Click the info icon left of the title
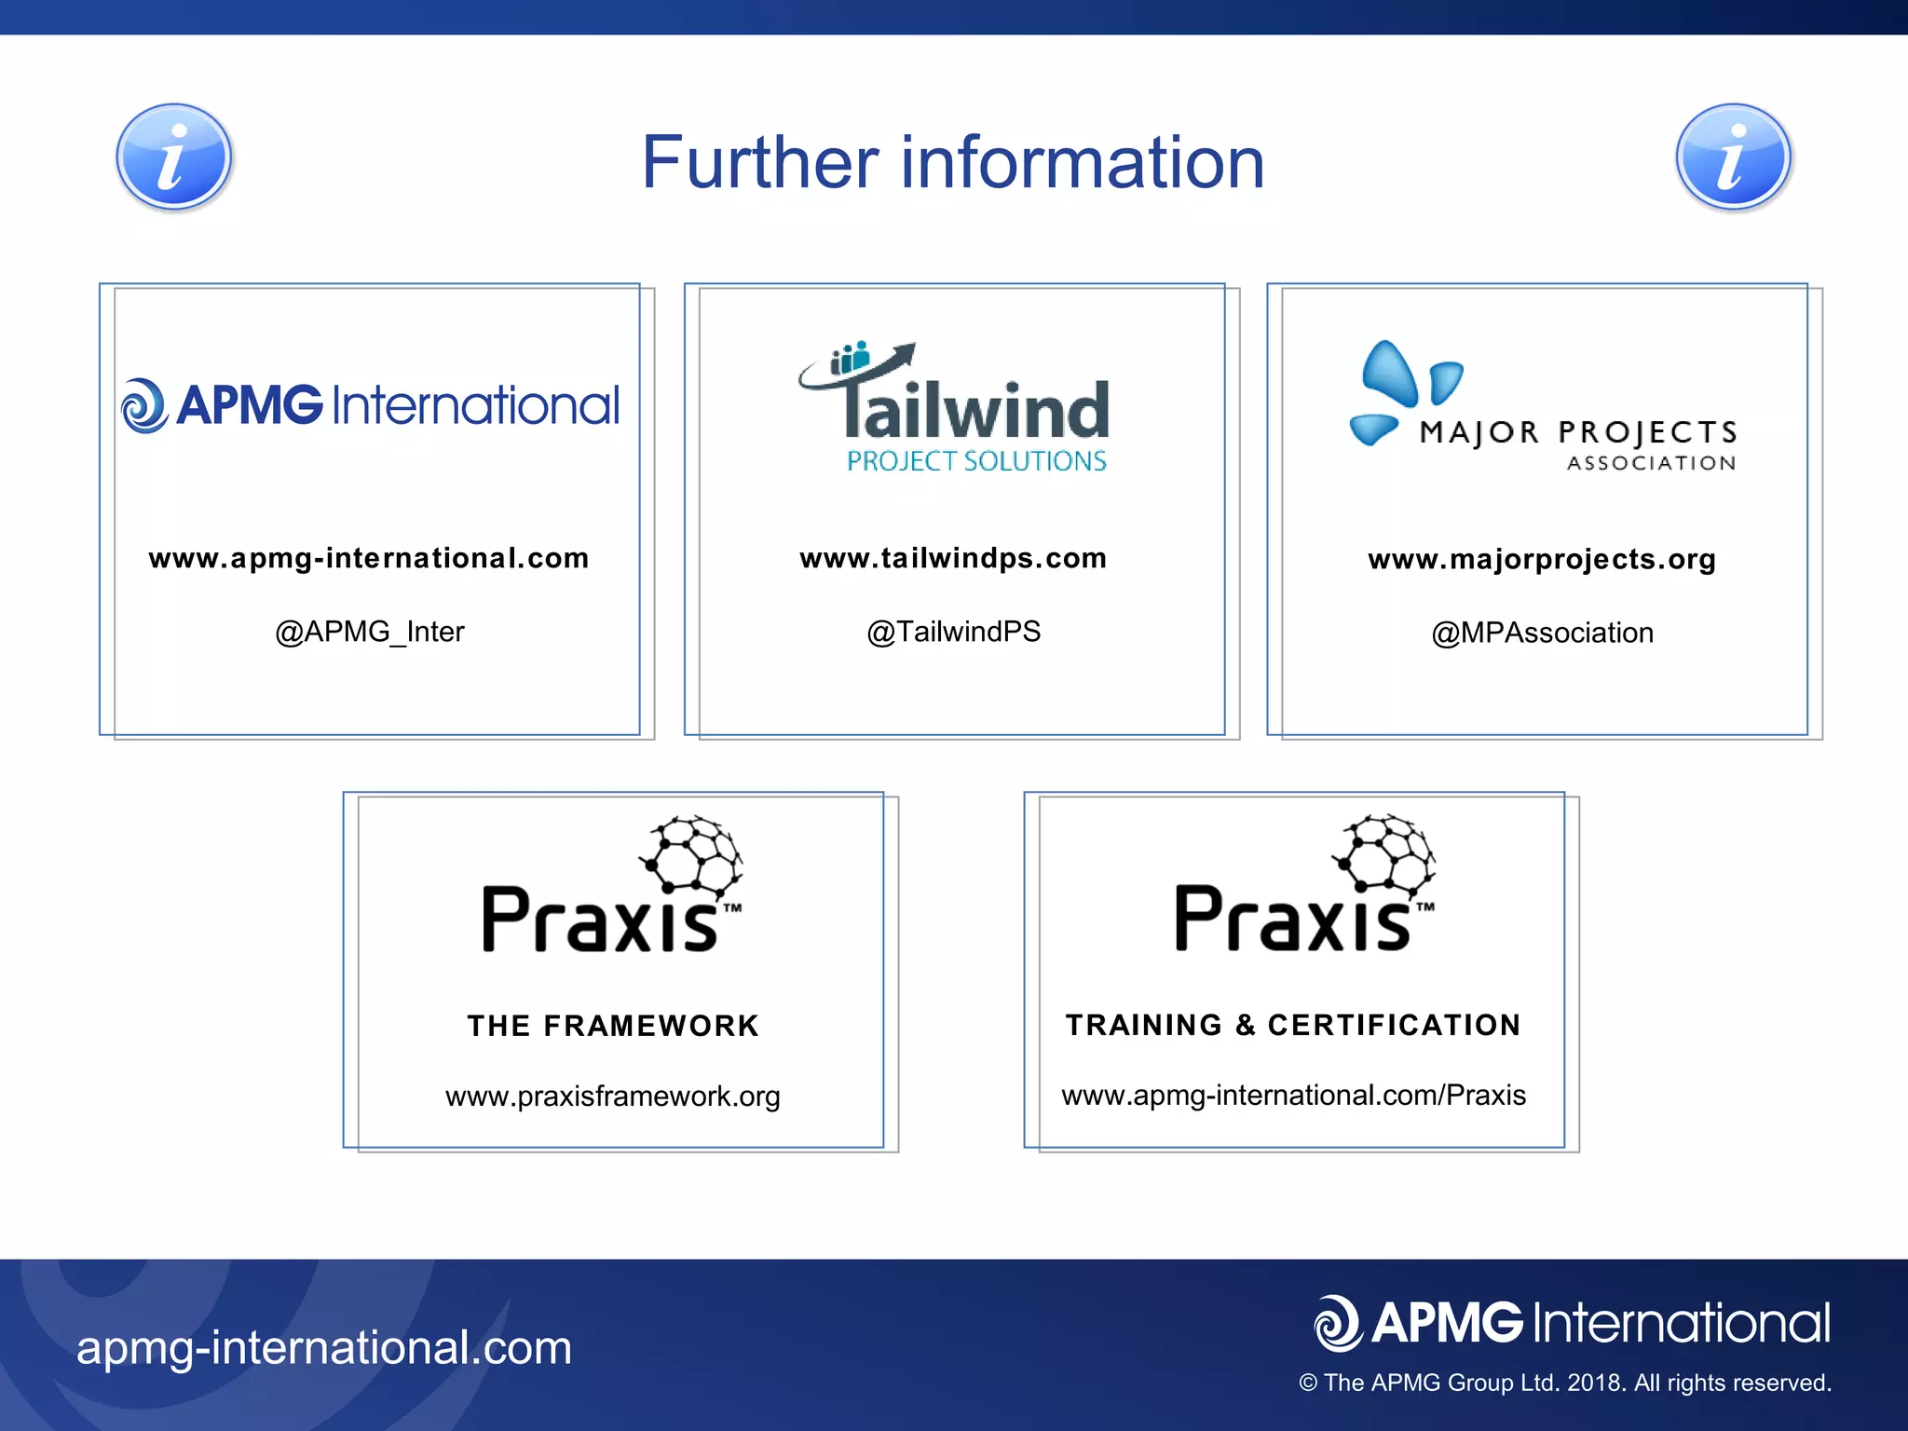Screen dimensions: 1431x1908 [x=174, y=157]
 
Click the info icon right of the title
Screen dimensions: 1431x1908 [x=1733, y=157]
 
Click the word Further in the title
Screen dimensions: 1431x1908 [x=759, y=163]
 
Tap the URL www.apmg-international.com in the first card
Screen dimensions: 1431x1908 [x=369, y=558]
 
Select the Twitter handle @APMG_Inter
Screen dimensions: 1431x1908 [x=369, y=632]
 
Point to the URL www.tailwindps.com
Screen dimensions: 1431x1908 [x=953, y=558]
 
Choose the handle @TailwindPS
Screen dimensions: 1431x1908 [x=953, y=632]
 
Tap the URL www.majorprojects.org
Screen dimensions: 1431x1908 [x=1542, y=559]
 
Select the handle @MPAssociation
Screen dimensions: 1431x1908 [x=1542, y=633]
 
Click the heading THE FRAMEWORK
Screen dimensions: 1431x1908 [x=613, y=1026]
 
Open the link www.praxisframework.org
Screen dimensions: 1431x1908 [x=613, y=1097]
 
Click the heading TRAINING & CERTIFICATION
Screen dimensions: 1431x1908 [x=1293, y=1025]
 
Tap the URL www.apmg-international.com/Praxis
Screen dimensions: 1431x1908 [x=1293, y=1095]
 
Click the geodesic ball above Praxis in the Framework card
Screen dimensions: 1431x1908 [x=691, y=853]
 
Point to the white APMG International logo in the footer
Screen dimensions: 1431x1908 [x=1572, y=1323]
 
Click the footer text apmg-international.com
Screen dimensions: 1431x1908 [x=324, y=1347]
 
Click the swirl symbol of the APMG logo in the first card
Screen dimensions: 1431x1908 [x=144, y=405]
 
